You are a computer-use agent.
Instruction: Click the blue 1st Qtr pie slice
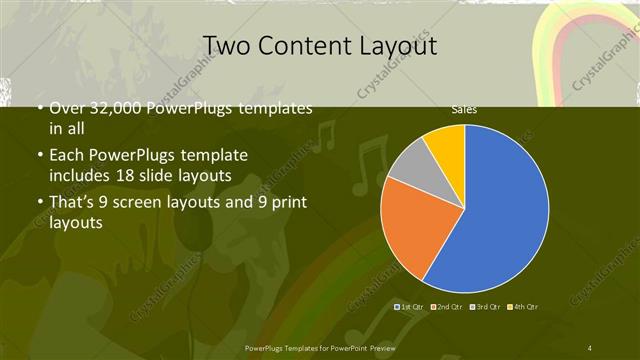click(x=500, y=210)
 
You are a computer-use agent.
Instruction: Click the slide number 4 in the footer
click(x=590, y=347)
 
